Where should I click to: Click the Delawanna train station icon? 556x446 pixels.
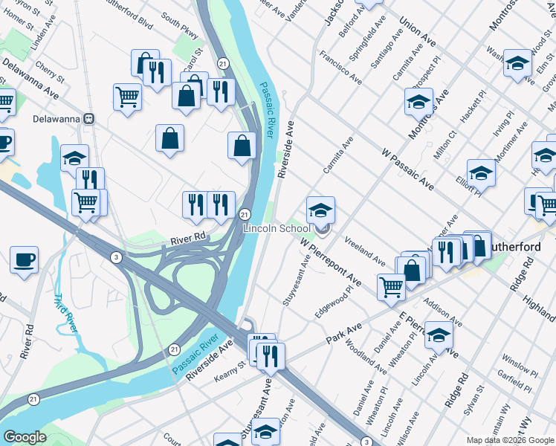click(88, 118)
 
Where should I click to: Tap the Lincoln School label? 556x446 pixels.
click(277, 228)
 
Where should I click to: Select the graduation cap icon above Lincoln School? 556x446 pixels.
click(320, 210)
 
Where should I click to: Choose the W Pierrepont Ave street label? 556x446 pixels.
click(331, 262)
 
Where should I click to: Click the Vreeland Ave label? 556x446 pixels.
click(364, 252)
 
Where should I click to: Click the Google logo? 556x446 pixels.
click(25, 437)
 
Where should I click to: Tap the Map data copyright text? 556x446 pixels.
click(509, 440)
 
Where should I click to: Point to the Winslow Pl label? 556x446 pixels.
click(519, 365)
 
